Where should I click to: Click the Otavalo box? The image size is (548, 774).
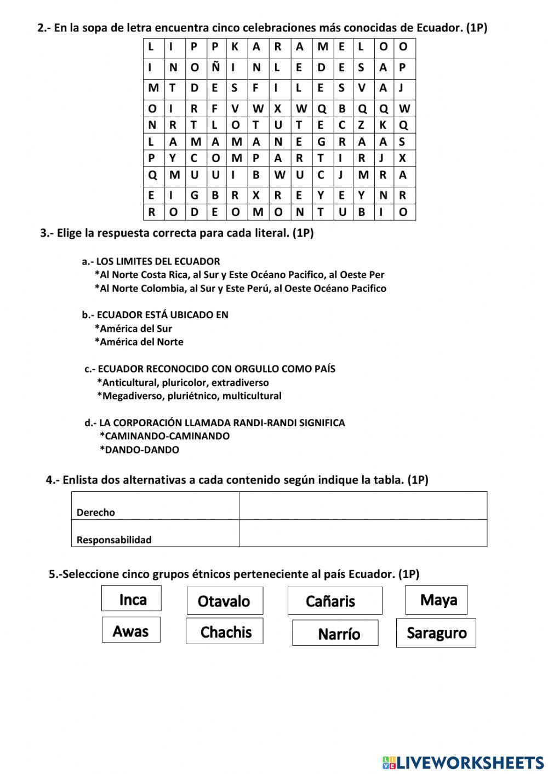[x=225, y=601]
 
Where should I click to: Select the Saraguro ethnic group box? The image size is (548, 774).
[x=436, y=633]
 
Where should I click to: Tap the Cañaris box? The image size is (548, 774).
[x=334, y=601]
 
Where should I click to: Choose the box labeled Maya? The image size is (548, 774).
[x=437, y=600]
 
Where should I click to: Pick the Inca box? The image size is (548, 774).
[x=132, y=598]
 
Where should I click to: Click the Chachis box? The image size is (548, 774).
[x=225, y=632]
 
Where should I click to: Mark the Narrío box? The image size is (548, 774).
[x=335, y=633]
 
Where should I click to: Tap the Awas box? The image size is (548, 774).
[x=131, y=630]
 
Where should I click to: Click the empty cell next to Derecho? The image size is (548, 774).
[x=363, y=506]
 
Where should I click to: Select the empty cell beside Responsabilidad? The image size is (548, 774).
[x=363, y=533]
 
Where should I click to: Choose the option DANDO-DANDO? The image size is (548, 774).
[x=141, y=450]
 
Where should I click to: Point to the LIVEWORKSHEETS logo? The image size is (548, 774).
[x=463, y=762]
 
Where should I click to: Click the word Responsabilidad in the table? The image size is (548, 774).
[x=114, y=540]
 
